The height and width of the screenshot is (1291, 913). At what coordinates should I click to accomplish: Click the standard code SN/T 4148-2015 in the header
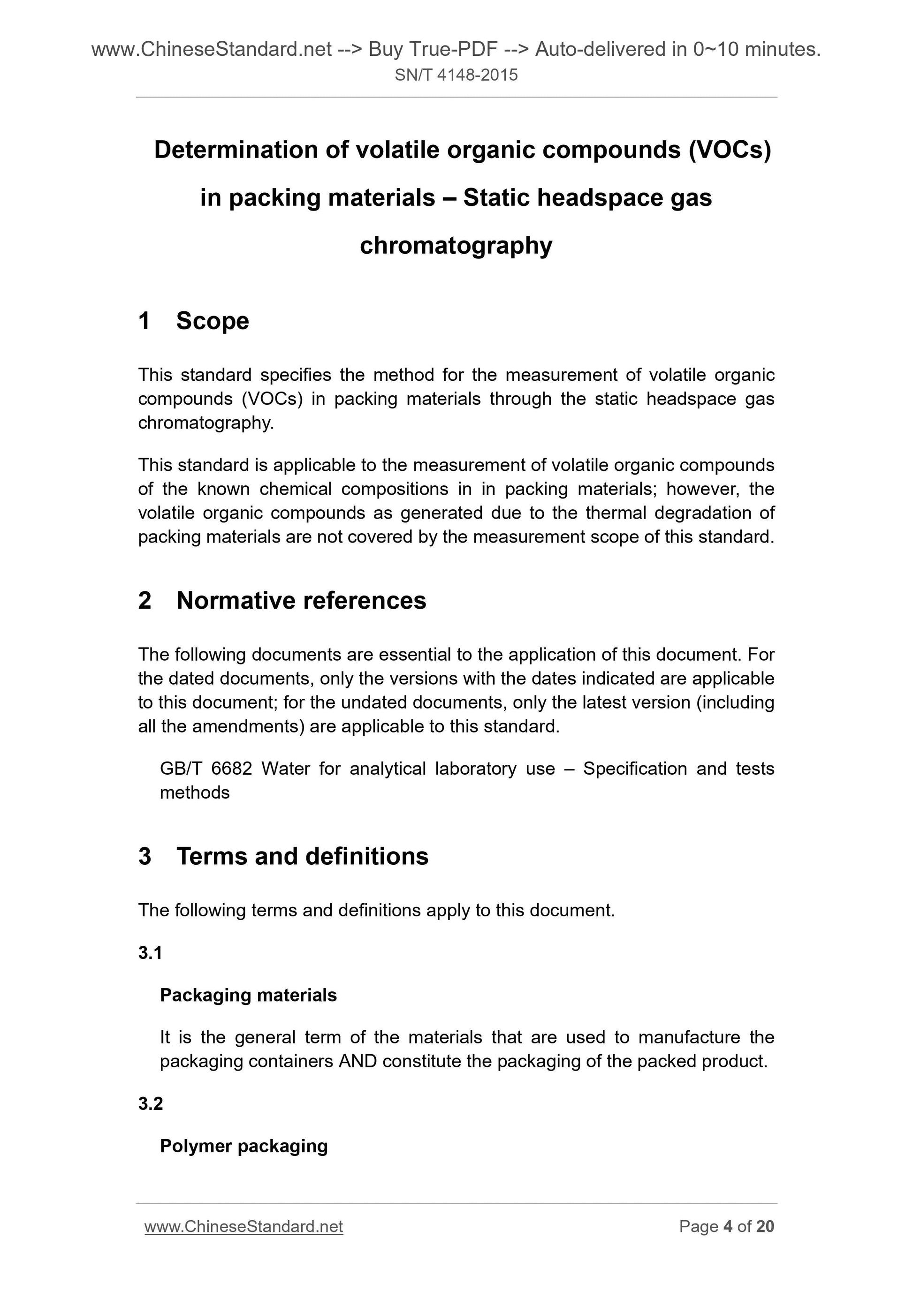tap(456, 75)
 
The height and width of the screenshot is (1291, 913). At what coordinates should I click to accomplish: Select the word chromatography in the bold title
tap(456, 246)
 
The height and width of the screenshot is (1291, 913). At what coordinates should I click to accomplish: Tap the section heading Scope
tap(212, 321)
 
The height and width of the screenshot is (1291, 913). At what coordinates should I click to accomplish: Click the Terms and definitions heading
tap(302, 856)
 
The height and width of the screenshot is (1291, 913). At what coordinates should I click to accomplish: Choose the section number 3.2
tap(150, 1104)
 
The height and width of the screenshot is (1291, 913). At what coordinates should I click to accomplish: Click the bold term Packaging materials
tap(248, 995)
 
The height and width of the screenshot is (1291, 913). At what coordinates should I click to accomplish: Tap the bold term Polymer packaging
tap(243, 1146)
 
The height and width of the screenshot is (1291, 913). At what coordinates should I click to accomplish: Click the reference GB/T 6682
tap(206, 769)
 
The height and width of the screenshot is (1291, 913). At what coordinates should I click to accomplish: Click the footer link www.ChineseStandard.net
tap(243, 1226)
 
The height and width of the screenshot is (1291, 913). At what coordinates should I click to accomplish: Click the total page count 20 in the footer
tap(765, 1226)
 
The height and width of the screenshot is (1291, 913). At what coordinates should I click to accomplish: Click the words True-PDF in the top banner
tap(453, 50)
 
